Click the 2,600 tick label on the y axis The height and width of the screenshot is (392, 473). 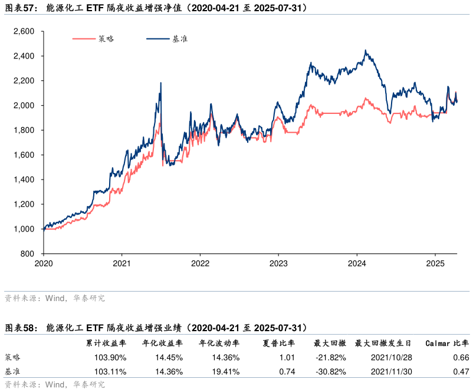pos(24,31)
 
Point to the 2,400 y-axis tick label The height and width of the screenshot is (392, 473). pos(24,56)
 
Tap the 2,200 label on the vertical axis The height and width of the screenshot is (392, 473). pos(24,81)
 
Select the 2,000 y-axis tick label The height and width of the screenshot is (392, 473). pos(24,106)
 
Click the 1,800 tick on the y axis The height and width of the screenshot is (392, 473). pos(24,130)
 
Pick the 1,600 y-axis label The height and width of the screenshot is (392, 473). pos(24,155)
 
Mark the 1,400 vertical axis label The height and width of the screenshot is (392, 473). pos(24,179)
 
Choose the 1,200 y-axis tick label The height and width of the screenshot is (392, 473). pos(24,204)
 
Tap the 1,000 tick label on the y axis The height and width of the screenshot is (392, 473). pos(24,229)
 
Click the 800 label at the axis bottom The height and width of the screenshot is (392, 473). pos(28,254)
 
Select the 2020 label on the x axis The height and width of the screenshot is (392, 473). pos(44,263)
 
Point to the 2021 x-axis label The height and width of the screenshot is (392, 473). pos(122,263)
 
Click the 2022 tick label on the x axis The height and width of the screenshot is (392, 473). pos(201,263)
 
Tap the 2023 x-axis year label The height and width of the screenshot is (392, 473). pos(279,263)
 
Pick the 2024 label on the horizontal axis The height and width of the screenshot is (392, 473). pos(357,263)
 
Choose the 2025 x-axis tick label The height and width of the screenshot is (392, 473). pos(435,263)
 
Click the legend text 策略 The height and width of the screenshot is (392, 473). pos(107,39)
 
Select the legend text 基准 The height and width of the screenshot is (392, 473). pos(180,39)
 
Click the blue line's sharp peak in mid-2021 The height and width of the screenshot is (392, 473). pos(160,83)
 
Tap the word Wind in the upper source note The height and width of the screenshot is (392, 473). pos(55,299)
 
